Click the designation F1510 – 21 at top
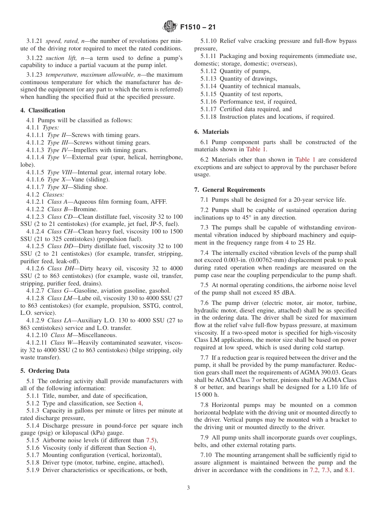pyautogui.click(x=198, y=27)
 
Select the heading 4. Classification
pyautogui.click(x=43, y=110)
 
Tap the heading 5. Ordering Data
pyautogui.click(x=45, y=371)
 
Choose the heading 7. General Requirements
pyautogui.click(x=230, y=190)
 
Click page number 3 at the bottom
pyautogui.click(x=188, y=488)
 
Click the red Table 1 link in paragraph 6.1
pyautogui.click(x=256, y=150)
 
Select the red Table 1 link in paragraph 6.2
pyautogui.click(x=305, y=160)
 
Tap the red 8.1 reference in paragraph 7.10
pyautogui.click(x=349, y=470)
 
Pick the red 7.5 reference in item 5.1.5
pyautogui.click(x=150, y=440)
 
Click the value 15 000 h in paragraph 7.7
pyautogui.click(x=206, y=395)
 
